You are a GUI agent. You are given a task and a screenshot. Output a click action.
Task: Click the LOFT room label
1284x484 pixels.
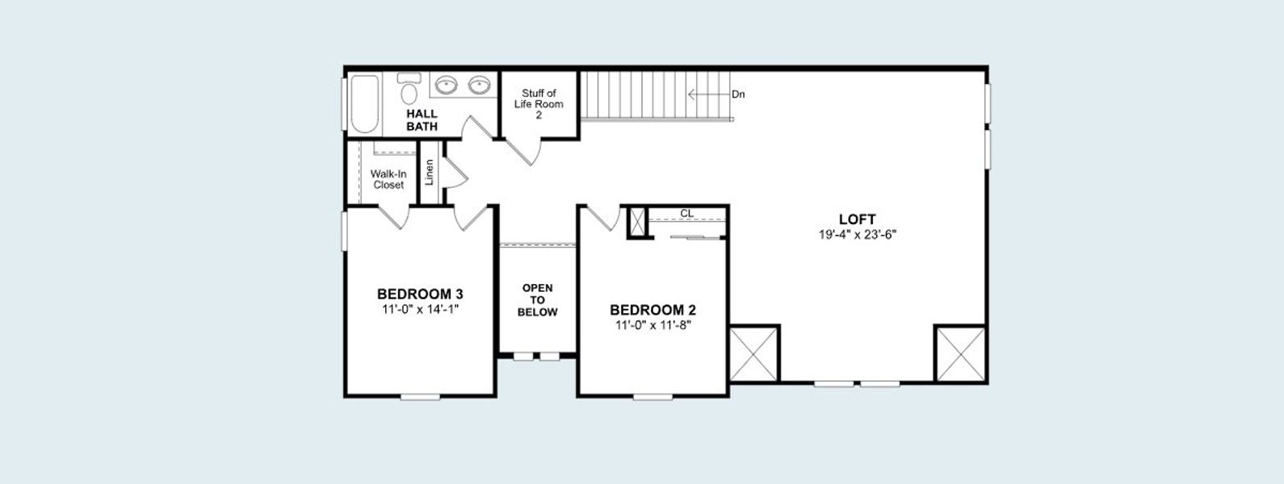(x=857, y=219)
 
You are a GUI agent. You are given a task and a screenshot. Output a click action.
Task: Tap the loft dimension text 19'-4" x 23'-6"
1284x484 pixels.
(x=857, y=235)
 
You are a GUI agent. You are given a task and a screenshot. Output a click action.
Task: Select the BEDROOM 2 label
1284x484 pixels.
(x=652, y=310)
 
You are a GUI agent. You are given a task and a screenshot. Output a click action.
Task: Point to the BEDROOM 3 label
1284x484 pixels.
(x=420, y=294)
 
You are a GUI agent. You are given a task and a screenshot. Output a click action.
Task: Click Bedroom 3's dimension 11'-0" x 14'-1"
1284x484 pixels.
(x=420, y=309)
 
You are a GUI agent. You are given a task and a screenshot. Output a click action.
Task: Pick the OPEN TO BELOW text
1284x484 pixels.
(x=537, y=300)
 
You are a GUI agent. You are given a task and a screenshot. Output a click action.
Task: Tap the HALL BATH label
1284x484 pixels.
(x=422, y=120)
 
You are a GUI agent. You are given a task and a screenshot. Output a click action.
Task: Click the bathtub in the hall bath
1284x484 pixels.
(x=364, y=103)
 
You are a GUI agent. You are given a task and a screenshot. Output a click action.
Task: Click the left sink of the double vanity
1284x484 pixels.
(x=447, y=85)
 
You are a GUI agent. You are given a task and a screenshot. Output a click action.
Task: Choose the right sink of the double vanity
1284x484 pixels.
(x=480, y=85)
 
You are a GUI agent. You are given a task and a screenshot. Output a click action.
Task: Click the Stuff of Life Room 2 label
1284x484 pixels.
(x=539, y=104)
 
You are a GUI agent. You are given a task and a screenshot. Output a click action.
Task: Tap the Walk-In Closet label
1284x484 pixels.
(x=388, y=179)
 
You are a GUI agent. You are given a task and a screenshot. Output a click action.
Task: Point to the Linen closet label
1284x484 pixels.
(x=430, y=172)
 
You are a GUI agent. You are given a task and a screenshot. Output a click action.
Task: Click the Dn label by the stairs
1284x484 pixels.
(x=738, y=94)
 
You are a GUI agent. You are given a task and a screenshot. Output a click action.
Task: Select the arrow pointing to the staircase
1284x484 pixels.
(x=707, y=94)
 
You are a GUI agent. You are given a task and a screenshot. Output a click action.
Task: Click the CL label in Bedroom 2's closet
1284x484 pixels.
(x=687, y=214)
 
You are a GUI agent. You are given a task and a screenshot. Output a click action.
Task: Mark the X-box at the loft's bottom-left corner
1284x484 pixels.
(x=754, y=353)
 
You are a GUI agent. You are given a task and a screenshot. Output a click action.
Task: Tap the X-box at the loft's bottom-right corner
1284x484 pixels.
(x=960, y=353)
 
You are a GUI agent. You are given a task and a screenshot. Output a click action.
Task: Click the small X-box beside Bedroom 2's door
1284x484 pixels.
(x=638, y=222)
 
